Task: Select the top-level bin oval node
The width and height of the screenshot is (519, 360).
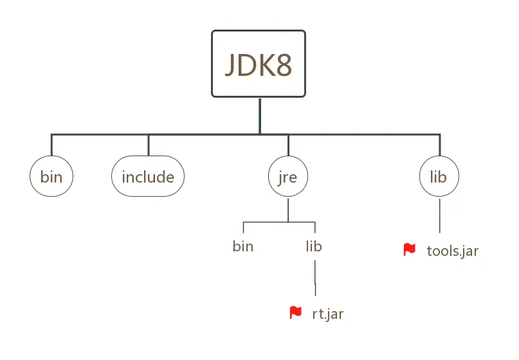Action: pos(51,177)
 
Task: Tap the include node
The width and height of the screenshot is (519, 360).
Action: pos(148,177)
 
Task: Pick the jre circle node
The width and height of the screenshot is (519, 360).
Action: pos(287,177)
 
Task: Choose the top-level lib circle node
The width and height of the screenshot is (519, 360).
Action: pos(439,177)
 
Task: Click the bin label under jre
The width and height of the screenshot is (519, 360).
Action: pos(243,246)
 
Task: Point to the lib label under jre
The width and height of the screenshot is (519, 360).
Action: pos(314,246)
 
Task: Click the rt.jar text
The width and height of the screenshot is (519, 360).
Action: pos(328,314)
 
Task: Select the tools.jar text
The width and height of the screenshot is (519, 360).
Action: pos(453,251)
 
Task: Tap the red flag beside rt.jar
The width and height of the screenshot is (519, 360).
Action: pos(296,313)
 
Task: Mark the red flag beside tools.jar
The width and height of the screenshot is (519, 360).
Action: pos(409,249)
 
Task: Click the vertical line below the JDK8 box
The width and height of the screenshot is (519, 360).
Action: pos(259,116)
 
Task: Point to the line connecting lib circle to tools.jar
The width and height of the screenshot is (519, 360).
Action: pos(439,215)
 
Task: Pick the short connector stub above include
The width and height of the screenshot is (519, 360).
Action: pos(149,145)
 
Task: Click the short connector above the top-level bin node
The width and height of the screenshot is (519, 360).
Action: pos(51,145)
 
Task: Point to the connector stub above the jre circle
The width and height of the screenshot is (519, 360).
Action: pos(288,145)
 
